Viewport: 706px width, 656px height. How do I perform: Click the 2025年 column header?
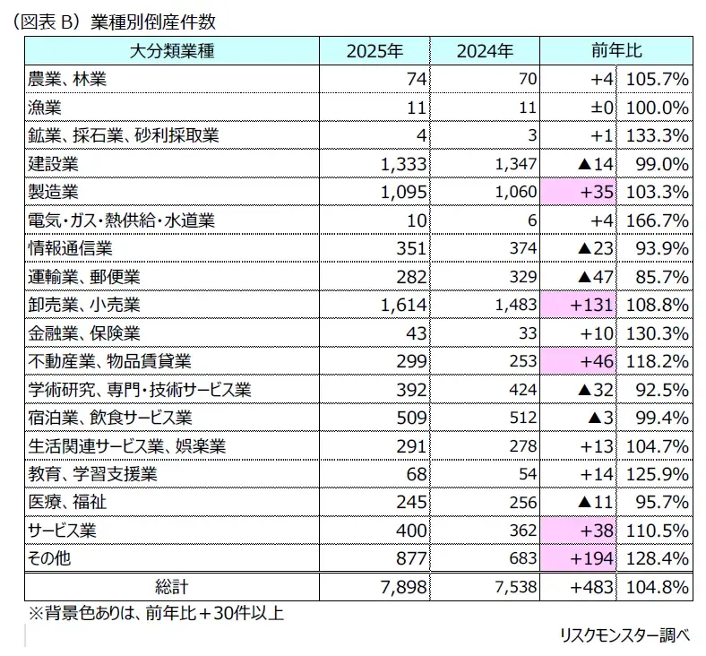tap(375, 51)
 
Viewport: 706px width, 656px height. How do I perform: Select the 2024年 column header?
tap(485, 51)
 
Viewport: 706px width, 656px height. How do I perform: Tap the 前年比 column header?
tap(616, 50)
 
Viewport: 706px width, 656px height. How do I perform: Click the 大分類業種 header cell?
tap(172, 51)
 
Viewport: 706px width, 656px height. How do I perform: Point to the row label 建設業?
tap(53, 164)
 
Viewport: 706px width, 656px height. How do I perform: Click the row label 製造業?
tap(53, 192)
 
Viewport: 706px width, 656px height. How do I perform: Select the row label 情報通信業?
tap(70, 248)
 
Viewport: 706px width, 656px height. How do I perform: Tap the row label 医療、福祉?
tap(67, 502)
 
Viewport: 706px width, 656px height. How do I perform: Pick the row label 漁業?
tap(45, 108)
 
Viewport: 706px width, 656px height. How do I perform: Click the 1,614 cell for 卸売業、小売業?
tap(403, 306)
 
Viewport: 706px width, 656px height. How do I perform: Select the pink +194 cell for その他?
tap(578, 558)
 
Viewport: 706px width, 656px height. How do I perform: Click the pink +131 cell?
tap(578, 305)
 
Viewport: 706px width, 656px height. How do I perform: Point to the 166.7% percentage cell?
tap(658, 220)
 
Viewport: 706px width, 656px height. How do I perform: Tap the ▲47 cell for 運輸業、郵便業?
tap(595, 277)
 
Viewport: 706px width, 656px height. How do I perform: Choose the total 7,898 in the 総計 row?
tap(403, 587)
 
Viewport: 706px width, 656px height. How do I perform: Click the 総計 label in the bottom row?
tap(172, 587)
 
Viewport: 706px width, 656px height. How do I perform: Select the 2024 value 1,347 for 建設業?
tap(516, 164)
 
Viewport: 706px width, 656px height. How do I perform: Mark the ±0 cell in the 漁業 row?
tap(602, 108)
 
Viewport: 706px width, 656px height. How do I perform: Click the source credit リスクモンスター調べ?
tap(625, 635)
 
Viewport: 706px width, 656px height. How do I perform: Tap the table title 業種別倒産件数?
tap(153, 22)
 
